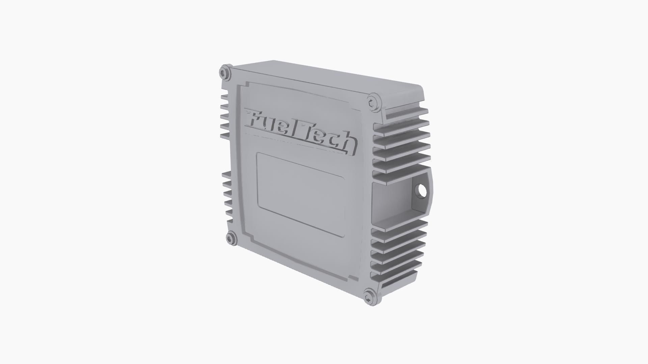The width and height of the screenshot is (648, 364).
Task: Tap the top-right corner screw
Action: [x=373, y=102]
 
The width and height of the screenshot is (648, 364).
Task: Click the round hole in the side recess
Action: [x=422, y=191]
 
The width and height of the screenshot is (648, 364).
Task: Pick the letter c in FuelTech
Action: [x=334, y=140]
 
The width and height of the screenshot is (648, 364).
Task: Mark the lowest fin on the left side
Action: [x=227, y=219]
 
